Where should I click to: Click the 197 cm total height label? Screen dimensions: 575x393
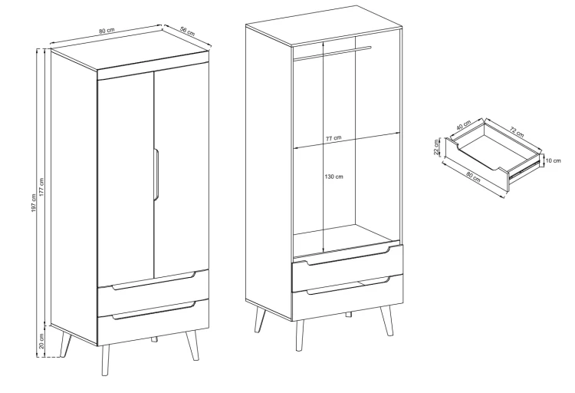click(34, 203)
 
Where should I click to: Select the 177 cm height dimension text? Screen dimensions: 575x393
click(41, 187)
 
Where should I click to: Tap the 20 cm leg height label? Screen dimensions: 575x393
click(41, 342)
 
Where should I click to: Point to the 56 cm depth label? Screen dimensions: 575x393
click(187, 31)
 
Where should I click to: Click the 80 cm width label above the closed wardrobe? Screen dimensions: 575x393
click(107, 31)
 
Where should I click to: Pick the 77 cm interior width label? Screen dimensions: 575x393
click(333, 138)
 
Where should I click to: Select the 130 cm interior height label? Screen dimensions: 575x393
click(333, 177)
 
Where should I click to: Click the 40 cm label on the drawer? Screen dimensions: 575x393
click(464, 125)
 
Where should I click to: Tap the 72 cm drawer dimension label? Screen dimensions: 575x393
click(517, 131)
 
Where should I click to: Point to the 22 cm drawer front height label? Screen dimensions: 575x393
click(436, 147)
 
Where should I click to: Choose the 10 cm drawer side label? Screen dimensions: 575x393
click(554, 160)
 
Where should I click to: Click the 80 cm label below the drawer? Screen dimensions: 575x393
click(473, 177)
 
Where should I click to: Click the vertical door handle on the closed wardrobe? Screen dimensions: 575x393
click(156, 174)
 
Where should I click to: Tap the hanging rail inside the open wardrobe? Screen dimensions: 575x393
click(333, 52)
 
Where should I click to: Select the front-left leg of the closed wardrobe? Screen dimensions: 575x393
click(106, 360)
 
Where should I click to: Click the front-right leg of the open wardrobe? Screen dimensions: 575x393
click(386, 320)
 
